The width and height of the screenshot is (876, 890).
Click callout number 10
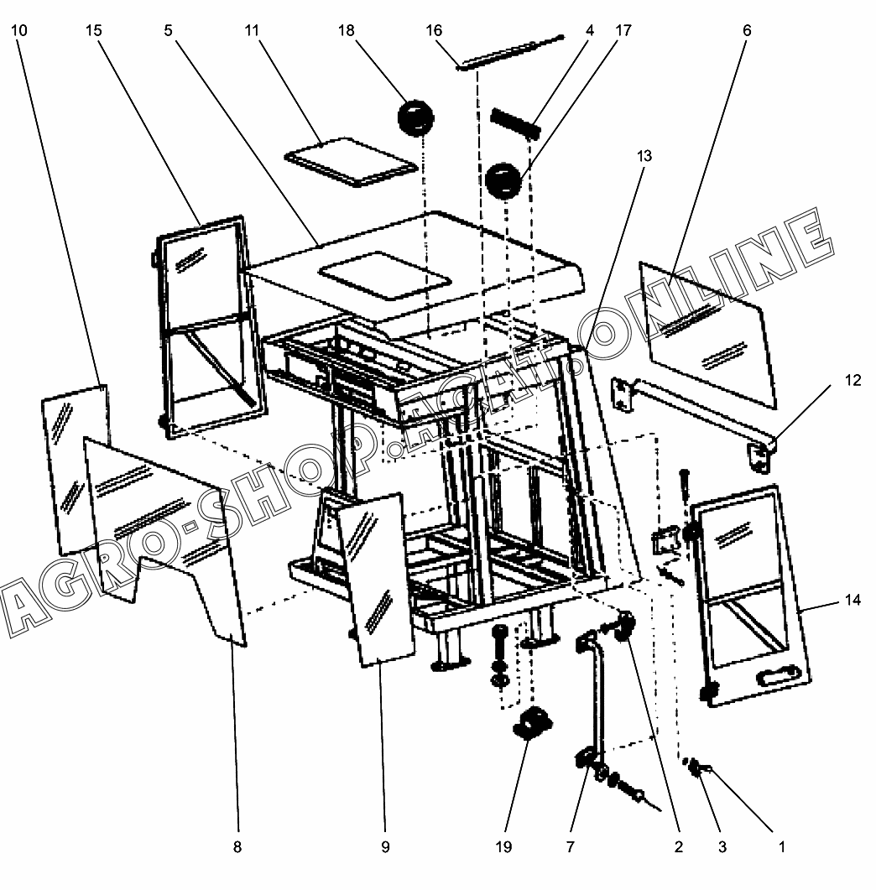coord(18,31)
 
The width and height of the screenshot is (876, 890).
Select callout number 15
coord(94,31)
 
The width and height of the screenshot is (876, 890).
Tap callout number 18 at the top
coord(347,31)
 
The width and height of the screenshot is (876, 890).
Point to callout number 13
coord(644,156)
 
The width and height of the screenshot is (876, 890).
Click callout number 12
coord(853,380)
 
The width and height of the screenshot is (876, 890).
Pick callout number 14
coord(853,600)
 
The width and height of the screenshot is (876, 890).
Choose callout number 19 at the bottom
coord(503,847)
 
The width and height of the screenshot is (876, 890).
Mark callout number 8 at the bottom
coord(237,847)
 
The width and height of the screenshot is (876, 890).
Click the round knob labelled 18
coord(415,117)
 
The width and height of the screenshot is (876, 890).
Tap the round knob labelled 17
coord(503,181)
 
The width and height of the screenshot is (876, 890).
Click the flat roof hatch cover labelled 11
coord(351,162)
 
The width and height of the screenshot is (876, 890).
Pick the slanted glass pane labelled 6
coord(707,335)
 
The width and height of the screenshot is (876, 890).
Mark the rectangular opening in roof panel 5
coord(385,276)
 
